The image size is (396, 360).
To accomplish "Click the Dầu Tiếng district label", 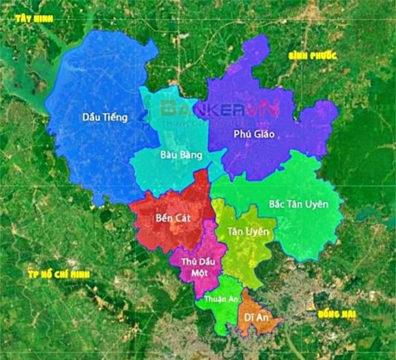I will point(104,117).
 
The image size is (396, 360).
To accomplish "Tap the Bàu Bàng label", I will point(181,155).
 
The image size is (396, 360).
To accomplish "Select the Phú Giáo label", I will point(253,134).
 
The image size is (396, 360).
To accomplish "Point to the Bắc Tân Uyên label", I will point(298,204).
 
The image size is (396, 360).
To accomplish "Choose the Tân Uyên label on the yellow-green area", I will point(249,232).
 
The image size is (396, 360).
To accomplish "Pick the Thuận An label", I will point(217,299).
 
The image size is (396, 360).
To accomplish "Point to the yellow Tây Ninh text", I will point(34,19).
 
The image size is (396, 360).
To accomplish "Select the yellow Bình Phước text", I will point(311,55).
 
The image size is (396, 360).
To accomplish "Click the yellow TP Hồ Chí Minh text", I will point(59,275).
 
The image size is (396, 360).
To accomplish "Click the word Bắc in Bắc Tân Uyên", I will point(278,204).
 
